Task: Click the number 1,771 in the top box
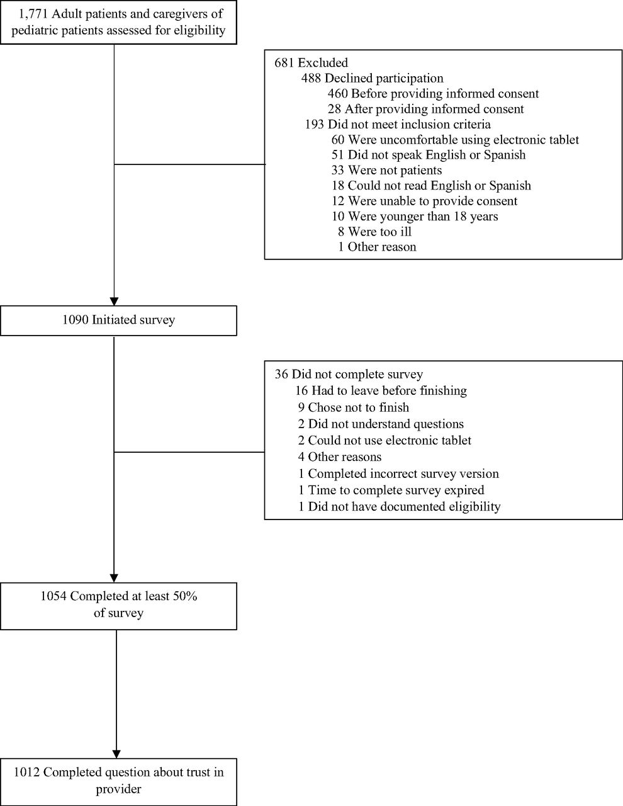(x=33, y=14)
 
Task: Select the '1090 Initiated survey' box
(x=118, y=321)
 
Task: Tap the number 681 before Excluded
(x=284, y=62)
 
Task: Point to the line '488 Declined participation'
(x=372, y=78)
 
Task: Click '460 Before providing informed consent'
(x=433, y=93)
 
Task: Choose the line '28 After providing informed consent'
(x=425, y=109)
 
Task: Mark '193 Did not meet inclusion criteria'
(x=398, y=124)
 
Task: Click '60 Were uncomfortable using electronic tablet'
(x=455, y=140)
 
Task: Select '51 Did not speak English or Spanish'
(x=429, y=155)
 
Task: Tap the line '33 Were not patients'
(x=386, y=170)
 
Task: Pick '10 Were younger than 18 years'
(x=415, y=216)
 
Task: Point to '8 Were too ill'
(x=374, y=232)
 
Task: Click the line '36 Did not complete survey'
(x=349, y=374)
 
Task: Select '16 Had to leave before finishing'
(x=381, y=390)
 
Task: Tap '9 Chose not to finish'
(x=354, y=407)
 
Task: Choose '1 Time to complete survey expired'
(x=391, y=490)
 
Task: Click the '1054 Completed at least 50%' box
(x=118, y=606)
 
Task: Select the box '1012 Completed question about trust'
(x=118, y=782)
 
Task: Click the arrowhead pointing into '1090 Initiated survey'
(x=114, y=301)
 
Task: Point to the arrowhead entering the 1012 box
(x=116, y=754)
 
